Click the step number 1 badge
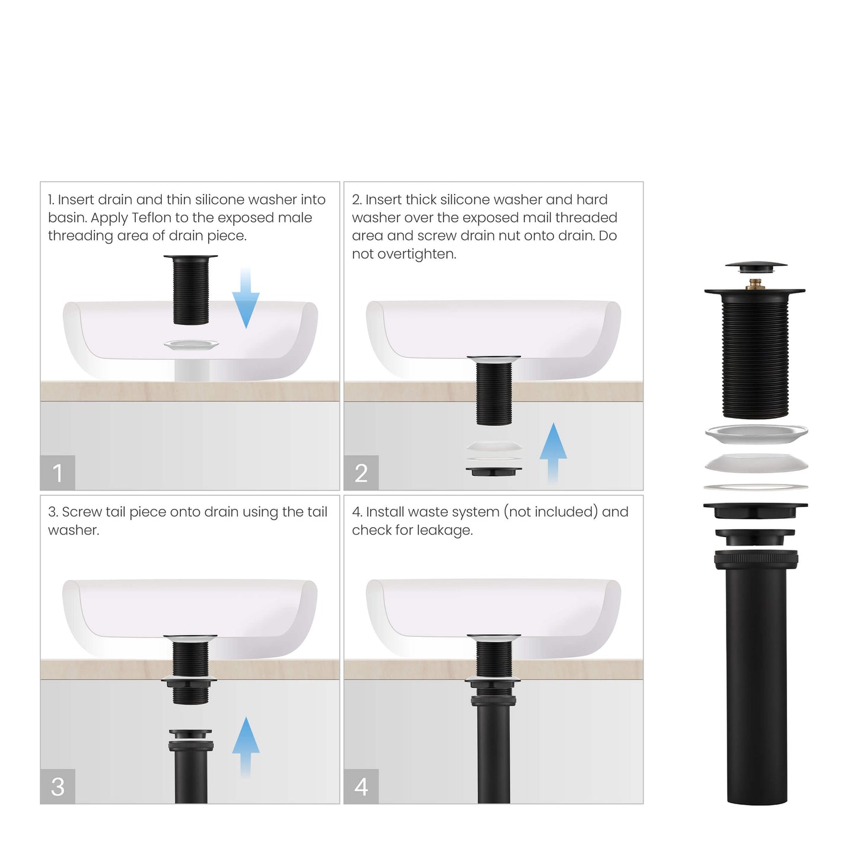coord(58,473)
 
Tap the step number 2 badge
coord(361,473)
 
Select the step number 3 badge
coord(58,786)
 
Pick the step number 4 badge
coord(361,786)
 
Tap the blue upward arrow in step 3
coord(246,746)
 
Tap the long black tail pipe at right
coord(756,682)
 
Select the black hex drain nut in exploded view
coord(755,510)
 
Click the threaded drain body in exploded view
coord(755,356)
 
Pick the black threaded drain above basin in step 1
coord(190,291)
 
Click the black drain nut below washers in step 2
coord(493,471)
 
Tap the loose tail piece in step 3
coord(191,765)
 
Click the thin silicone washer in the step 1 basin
coord(191,345)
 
